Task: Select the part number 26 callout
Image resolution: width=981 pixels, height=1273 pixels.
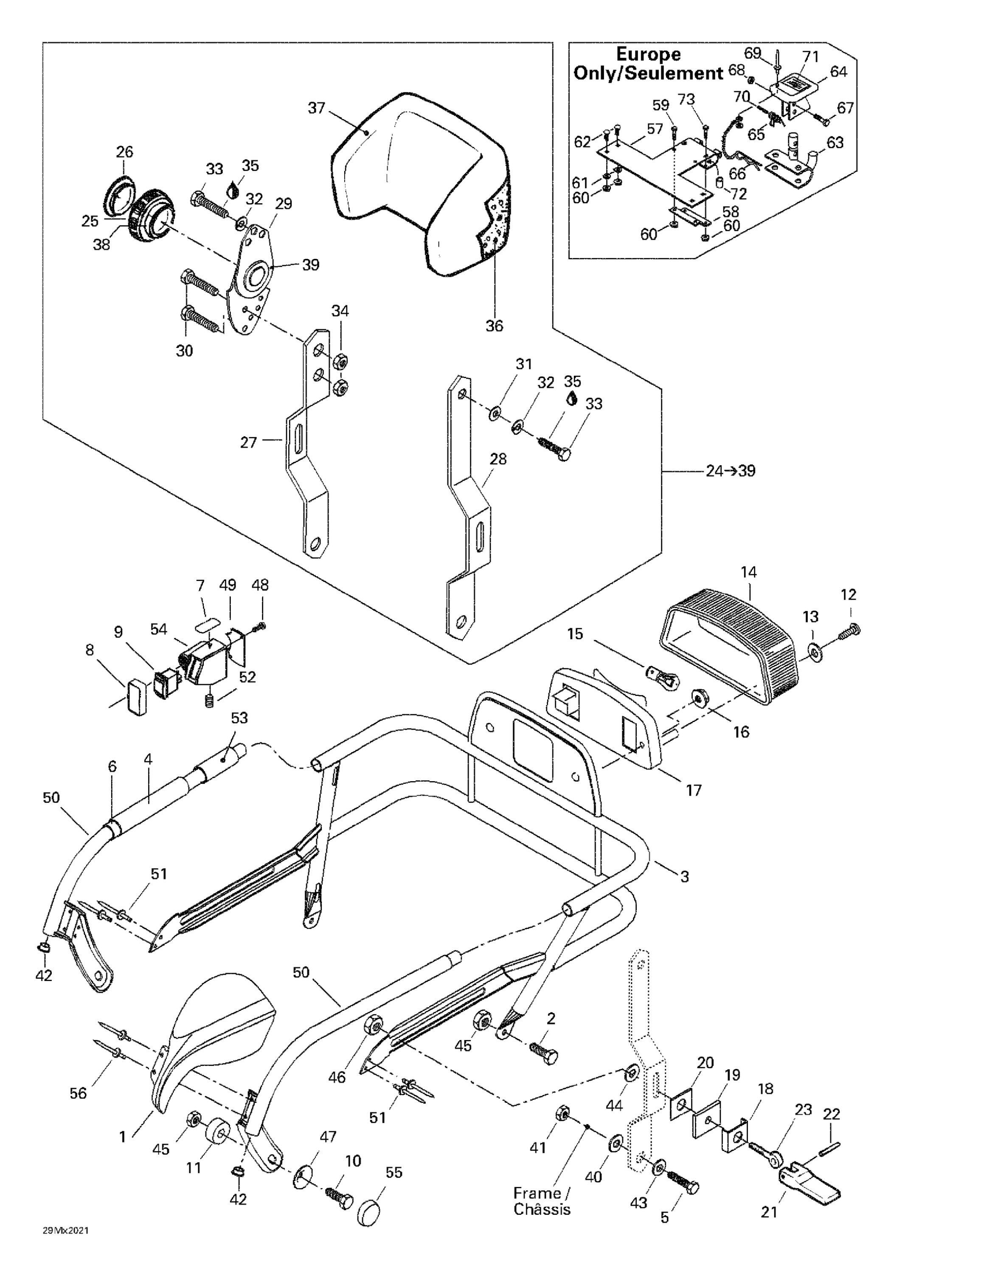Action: pos(124,152)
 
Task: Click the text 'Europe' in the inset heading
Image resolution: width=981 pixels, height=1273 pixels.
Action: pos(648,54)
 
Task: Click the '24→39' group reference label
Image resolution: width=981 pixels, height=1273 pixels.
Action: pos(730,471)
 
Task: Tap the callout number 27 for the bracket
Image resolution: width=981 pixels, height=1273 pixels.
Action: pos(248,443)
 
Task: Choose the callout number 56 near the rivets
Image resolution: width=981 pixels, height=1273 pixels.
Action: pos(78,1094)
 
